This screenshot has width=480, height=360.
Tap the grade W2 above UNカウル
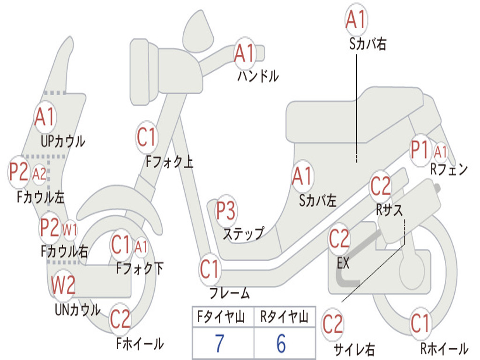(63, 285)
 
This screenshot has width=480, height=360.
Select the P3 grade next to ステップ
(226, 211)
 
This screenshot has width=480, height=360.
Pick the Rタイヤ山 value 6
(281, 344)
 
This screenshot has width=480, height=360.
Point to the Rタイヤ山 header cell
(284, 318)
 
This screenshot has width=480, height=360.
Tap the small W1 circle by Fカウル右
(70, 230)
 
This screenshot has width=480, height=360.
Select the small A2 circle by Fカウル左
(39, 174)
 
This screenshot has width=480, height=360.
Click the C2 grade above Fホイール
(120, 319)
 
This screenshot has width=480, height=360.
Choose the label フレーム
(229, 293)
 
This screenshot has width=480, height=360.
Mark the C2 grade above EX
(339, 239)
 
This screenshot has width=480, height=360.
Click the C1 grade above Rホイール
(420, 323)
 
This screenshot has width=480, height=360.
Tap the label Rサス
(390, 210)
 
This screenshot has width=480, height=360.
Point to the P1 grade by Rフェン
(420, 150)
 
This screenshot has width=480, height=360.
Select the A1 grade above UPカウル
(45, 118)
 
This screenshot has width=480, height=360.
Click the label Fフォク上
(169, 162)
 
